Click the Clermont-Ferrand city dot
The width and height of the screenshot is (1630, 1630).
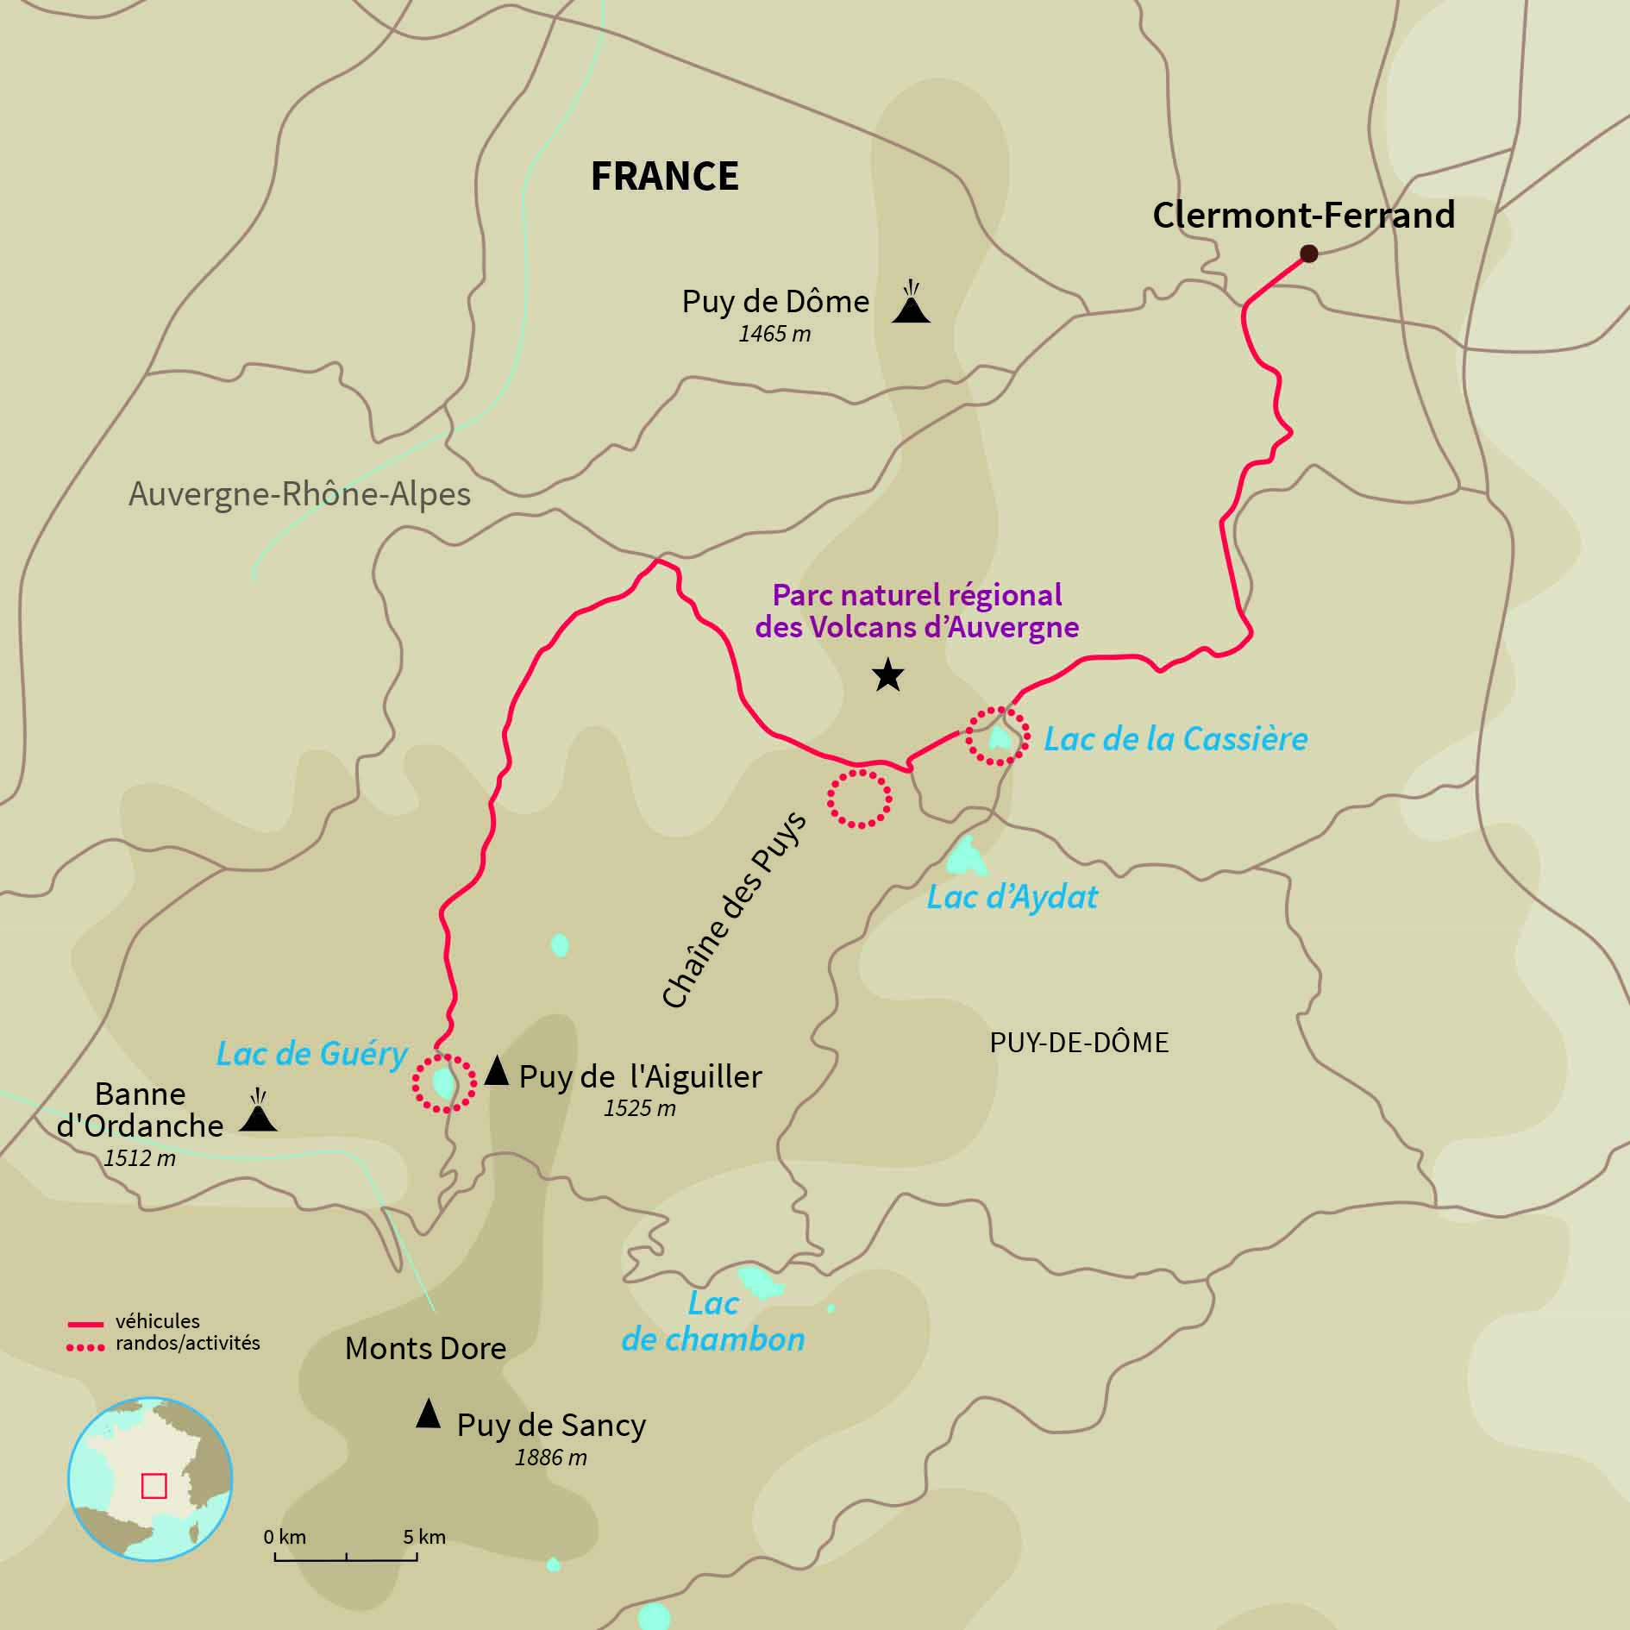[1308, 253]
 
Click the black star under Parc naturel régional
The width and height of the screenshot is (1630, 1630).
[887, 675]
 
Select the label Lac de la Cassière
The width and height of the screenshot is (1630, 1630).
[1175, 739]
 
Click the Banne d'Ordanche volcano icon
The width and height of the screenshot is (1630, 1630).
[258, 1113]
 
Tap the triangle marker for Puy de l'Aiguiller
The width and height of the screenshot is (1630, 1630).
[496, 1071]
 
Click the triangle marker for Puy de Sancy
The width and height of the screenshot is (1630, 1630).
[428, 1414]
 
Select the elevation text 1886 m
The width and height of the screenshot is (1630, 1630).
[550, 1458]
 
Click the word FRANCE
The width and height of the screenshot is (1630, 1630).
[664, 176]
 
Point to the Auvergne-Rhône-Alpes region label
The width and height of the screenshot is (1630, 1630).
[299, 494]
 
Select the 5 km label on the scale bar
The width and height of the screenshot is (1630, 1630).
[424, 1538]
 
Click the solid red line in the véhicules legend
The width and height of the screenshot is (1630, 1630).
[85, 1322]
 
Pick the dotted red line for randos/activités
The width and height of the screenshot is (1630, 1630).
[85, 1345]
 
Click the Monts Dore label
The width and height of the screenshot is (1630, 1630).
[425, 1348]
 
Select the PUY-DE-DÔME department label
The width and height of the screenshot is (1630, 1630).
[1079, 1043]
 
